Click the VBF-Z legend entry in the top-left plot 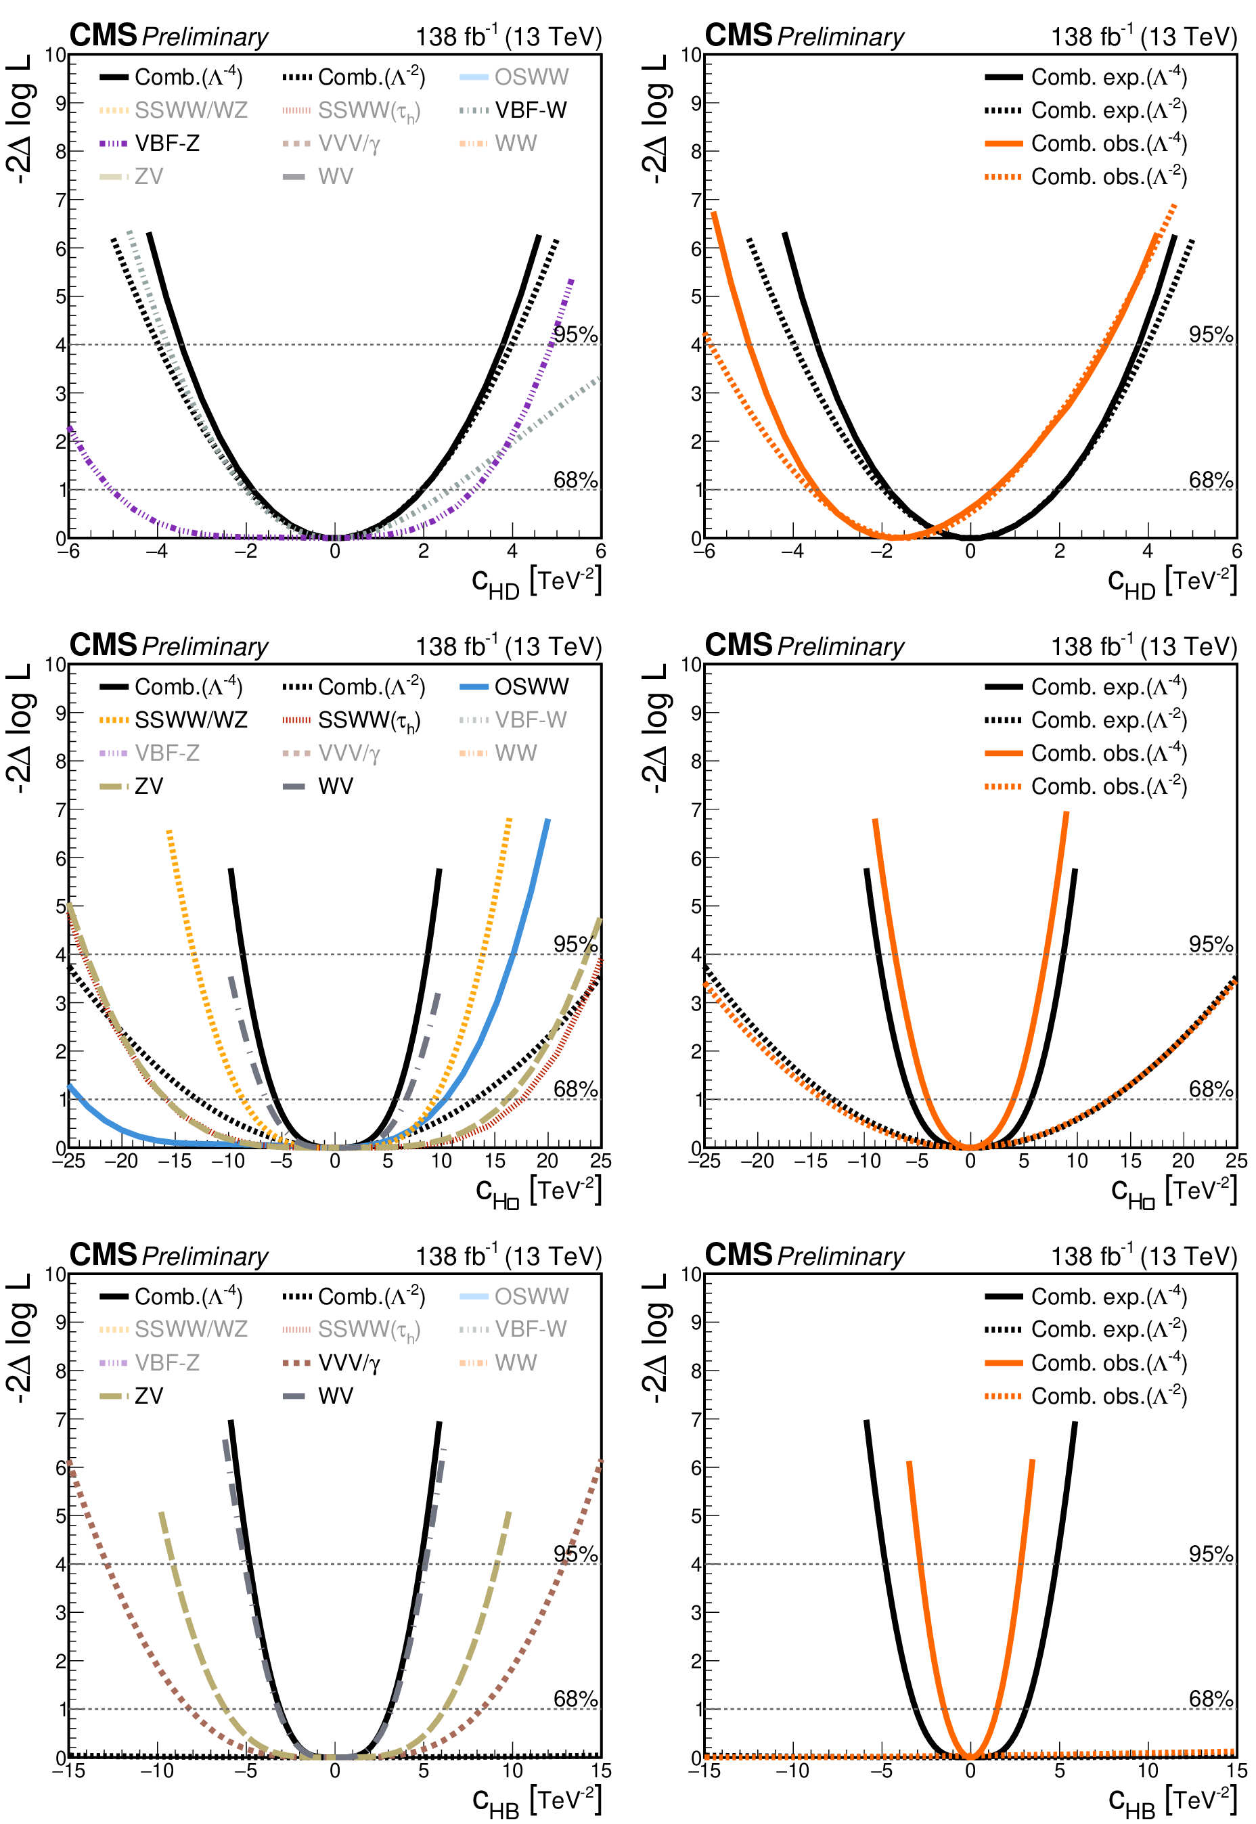pos(150,143)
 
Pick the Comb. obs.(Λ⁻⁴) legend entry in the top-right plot pos(1085,143)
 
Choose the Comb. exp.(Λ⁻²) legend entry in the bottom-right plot pos(1085,1329)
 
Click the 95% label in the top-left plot pos(575,334)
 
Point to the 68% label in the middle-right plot pos(1211,1089)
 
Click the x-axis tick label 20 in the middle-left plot pos(547,1161)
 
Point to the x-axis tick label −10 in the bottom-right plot pos(792,1771)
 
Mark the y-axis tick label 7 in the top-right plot pos(696,200)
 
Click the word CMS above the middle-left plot pos(103,645)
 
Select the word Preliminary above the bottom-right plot pos(840,1257)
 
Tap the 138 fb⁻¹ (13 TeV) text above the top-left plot pos(508,36)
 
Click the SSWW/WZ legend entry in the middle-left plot pos(173,720)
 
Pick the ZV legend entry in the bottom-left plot pos(131,1396)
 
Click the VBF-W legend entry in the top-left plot pos(513,110)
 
